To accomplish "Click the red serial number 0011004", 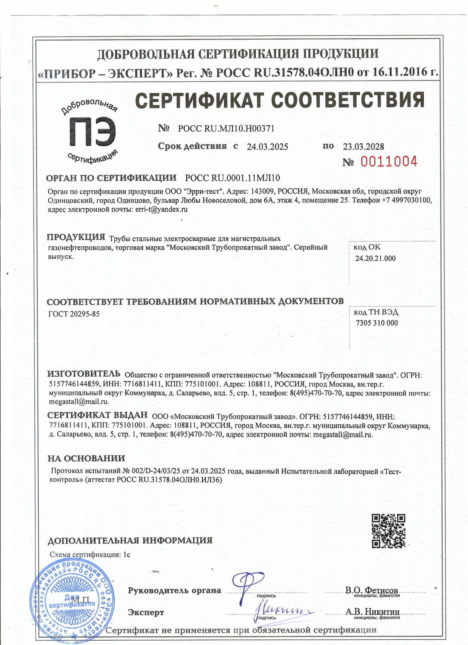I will pyautogui.click(x=388, y=162).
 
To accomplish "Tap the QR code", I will pyautogui.click(x=388, y=531).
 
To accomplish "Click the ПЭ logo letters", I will pyautogui.click(x=92, y=132).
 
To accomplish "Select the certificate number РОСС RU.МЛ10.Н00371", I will pyautogui.click(x=226, y=128).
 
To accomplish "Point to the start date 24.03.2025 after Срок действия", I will pyautogui.click(x=267, y=147).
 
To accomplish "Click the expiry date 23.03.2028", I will pyautogui.click(x=363, y=147).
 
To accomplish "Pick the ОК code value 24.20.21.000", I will pyautogui.click(x=375, y=258).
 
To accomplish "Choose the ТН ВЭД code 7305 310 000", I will pyautogui.click(x=376, y=323).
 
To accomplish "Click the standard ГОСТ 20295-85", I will pyautogui.click(x=74, y=314).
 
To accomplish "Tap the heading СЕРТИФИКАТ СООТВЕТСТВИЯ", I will pyautogui.click(x=279, y=100).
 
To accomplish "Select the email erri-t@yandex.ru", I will pyautogui.click(x=161, y=209).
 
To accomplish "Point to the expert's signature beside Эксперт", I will pyautogui.click(x=284, y=610).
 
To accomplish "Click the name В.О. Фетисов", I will pyautogui.click(x=371, y=590).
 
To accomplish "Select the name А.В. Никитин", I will pyautogui.click(x=372, y=611).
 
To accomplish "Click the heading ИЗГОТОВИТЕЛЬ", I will pyautogui.click(x=84, y=374).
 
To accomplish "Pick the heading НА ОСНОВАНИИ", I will pyautogui.click(x=86, y=458).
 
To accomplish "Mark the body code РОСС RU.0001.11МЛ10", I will pyautogui.click(x=232, y=178).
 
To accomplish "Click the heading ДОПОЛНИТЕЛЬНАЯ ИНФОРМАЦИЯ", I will pyautogui.click(x=130, y=541).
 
